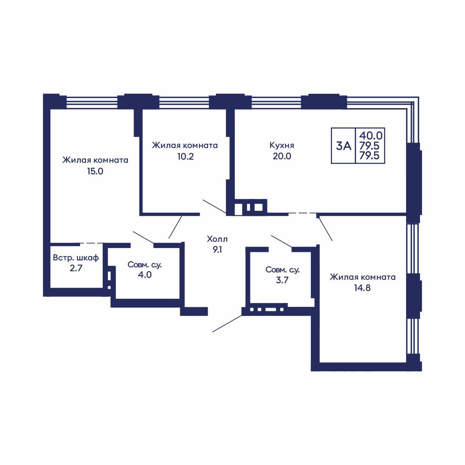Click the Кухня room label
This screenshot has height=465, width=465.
282,146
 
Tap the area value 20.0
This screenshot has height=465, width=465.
282,156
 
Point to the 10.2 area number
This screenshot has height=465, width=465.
186,157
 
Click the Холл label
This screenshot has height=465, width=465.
217,239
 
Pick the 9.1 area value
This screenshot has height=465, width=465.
217,250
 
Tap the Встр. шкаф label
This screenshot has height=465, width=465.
76,258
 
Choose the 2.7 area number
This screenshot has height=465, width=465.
76,268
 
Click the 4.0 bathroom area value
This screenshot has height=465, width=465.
145,275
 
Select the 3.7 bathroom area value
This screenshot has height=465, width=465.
282,280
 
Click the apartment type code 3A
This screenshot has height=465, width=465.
344,146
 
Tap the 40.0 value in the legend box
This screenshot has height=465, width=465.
371,136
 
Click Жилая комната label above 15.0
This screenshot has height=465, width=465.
95,160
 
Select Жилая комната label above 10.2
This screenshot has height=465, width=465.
185,145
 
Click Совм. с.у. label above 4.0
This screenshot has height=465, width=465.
145,265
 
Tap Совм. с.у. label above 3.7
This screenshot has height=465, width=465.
282,270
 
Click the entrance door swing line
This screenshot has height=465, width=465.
227,323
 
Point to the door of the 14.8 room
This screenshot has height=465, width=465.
325,229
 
